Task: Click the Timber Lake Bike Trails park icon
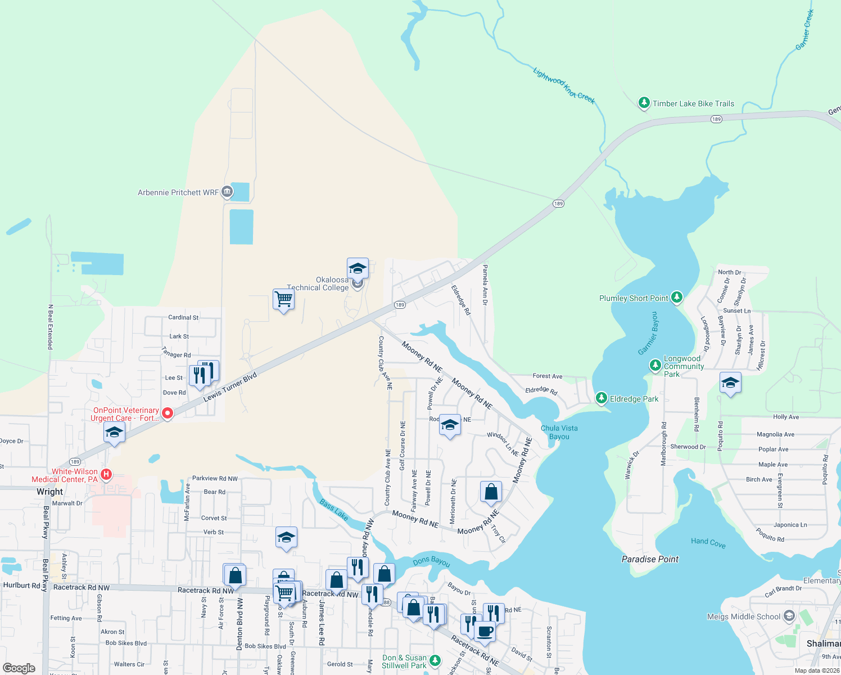pos(644,103)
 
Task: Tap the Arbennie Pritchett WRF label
pos(178,192)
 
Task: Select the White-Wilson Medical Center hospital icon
pos(106,475)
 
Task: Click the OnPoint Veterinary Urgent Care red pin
pos(167,413)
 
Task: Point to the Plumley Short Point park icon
pos(677,297)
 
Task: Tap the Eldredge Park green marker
pos(601,398)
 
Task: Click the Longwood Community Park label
pos(684,366)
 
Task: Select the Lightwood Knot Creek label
pos(563,85)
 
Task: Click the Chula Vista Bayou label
pos(559,432)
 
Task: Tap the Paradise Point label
pos(650,559)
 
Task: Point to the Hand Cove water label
pos(708,542)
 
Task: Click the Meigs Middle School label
pos(743,616)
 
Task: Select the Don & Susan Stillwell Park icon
pos(435,660)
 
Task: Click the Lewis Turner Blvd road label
pos(230,387)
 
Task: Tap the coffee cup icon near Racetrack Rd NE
pos(485,631)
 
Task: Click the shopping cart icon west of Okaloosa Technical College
pos(284,299)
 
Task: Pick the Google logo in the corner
pos(19,668)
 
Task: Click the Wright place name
pos(50,492)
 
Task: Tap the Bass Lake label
pos(334,510)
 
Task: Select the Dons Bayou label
pos(431,561)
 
